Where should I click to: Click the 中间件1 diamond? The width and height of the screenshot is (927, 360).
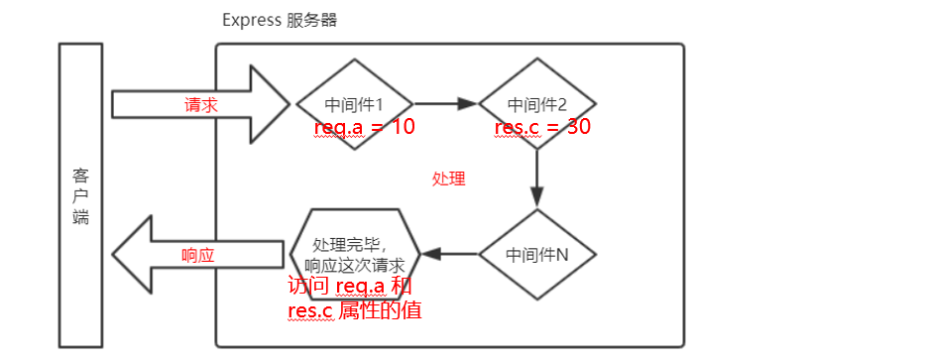354,103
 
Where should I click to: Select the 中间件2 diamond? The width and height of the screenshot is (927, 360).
536,103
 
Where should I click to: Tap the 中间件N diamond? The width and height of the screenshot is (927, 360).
536,254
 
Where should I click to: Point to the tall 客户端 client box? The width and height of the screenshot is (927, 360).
81,195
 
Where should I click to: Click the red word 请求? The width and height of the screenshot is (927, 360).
200,104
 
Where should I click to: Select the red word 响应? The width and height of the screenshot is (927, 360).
198,255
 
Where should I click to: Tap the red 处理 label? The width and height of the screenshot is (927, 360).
448,180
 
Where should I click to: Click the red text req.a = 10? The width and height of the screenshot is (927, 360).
364,127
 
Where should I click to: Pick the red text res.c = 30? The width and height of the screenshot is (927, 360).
543,127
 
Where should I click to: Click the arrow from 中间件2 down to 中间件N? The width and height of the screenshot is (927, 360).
536,179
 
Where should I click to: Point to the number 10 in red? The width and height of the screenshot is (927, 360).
401,127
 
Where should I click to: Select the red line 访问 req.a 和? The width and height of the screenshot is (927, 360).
350,287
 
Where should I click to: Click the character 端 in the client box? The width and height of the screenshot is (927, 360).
81,217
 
